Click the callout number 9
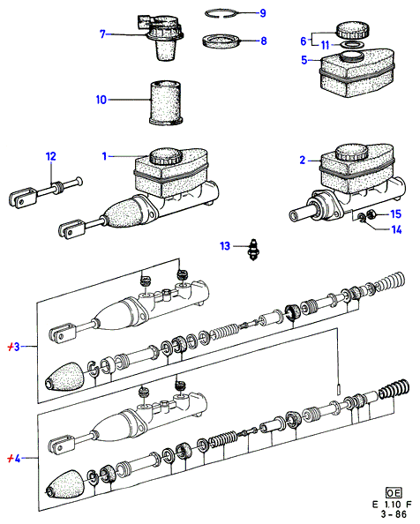263,13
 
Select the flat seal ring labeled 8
221,41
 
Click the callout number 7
102,34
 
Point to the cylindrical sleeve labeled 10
166,103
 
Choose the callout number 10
101,100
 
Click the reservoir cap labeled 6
353,30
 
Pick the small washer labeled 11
353,45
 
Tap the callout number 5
304,60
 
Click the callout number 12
51,156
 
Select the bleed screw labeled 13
253,250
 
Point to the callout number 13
225,246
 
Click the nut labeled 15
371,213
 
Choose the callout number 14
396,230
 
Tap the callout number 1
104,156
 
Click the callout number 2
303,161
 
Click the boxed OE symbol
394,493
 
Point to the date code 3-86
394,514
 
